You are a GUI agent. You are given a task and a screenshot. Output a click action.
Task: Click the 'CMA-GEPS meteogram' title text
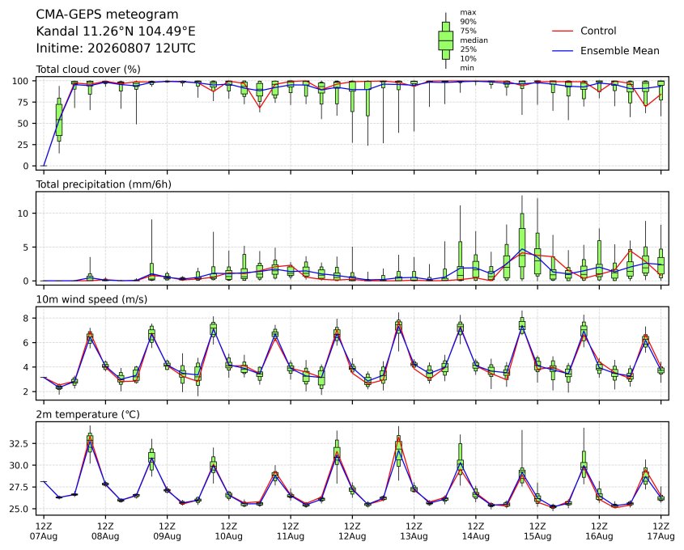pyautogui.click(x=107, y=15)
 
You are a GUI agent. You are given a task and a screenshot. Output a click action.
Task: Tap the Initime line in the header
pyautogui.click(x=116, y=48)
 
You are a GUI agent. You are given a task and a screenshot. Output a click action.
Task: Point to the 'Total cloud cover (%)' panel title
pyautogui.click(x=88, y=70)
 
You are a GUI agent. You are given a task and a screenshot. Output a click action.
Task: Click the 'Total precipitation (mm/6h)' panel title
pyautogui.click(x=104, y=184)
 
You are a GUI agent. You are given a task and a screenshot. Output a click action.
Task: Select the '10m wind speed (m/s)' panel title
pyautogui.click(x=91, y=299)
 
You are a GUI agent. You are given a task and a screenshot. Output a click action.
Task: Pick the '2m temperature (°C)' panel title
pyautogui.click(x=87, y=414)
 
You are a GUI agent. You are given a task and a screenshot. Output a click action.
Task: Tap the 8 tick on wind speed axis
pyautogui.click(x=27, y=319)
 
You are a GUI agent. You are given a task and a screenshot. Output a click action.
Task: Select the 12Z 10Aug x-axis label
pyautogui.click(x=228, y=531)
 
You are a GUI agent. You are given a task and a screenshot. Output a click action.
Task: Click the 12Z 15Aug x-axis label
pyautogui.click(x=537, y=531)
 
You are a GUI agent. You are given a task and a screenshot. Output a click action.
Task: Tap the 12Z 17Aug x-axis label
pyautogui.click(x=661, y=531)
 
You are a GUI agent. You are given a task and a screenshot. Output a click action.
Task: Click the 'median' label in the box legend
pyautogui.click(x=474, y=40)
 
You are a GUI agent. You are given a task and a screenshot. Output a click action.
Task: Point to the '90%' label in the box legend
pyautogui.click(x=468, y=21)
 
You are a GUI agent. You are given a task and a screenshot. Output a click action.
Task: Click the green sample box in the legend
pyautogui.click(x=445, y=40)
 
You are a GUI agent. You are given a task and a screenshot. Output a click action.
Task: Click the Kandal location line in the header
pyautogui.click(x=116, y=32)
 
